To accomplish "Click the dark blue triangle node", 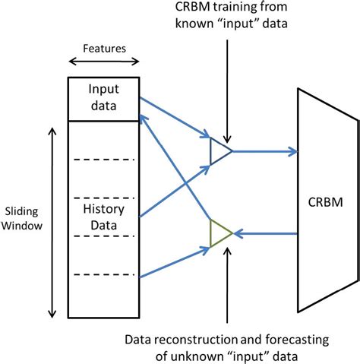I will pyautogui.click(x=219, y=150).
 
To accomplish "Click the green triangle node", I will pyautogui.click(x=219, y=233).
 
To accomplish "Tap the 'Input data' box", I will pyautogui.click(x=104, y=99).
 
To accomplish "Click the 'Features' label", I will pyautogui.click(x=104, y=48).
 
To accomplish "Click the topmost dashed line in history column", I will pyautogui.click(x=104, y=160).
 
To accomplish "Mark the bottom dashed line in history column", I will pyautogui.click(x=104, y=274).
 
